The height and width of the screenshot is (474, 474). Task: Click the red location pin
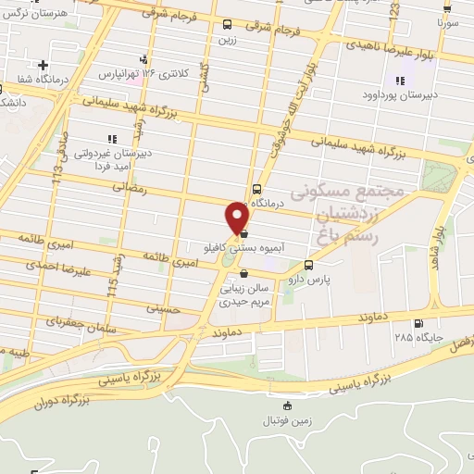(x=238, y=218)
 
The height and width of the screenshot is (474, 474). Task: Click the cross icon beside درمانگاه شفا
(x=44, y=65)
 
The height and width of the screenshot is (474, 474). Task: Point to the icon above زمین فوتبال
(x=288, y=405)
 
